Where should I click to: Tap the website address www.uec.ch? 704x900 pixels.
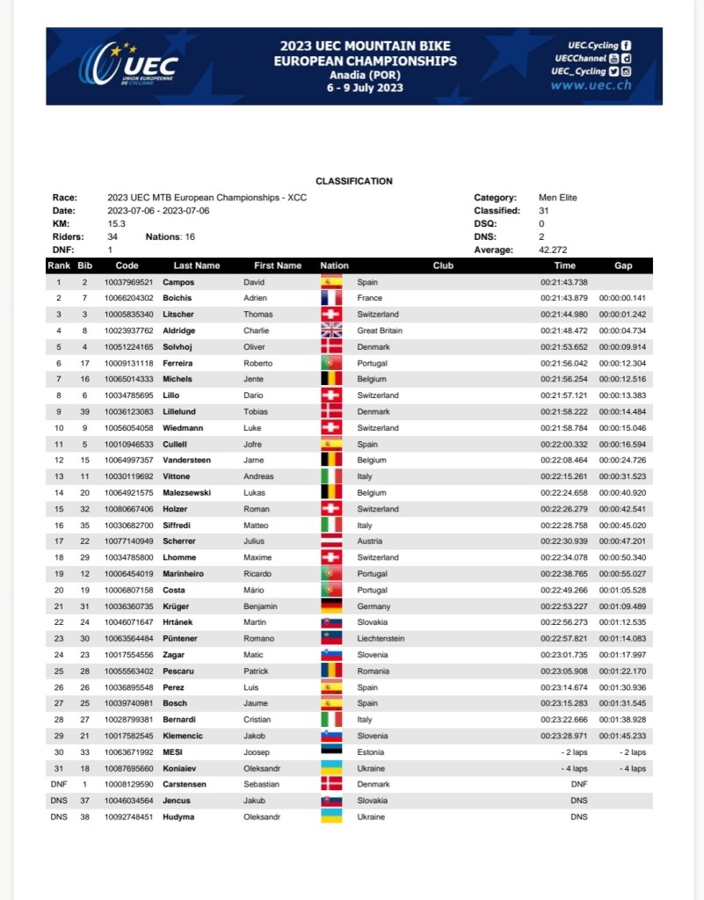click(x=591, y=86)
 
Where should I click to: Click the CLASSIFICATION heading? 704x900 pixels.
click(x=354, y=181)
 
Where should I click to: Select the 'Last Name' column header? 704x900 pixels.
click(x=197, y=265)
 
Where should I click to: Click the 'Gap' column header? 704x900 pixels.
click(x=622, y=265)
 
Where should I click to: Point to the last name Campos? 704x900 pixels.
click(x=178, y=282)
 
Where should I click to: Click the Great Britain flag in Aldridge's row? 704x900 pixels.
click(x=331, y=330)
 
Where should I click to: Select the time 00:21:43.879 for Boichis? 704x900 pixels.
click(x=563, y=299)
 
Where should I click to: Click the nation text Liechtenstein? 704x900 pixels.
click(x=381, y=639)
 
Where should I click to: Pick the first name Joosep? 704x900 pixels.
click(x=258, y=752)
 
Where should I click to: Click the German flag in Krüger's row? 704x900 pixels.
click(x=331, y=606)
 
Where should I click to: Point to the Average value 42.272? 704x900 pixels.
click(x=553, y=250)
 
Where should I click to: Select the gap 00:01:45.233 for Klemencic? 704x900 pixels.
click(x=622, y=736)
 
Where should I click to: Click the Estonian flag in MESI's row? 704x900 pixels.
click(x=331, y=752)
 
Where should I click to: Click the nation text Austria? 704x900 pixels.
click(x=369, y=541)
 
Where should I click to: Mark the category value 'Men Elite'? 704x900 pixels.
click(x=557, y=198)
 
